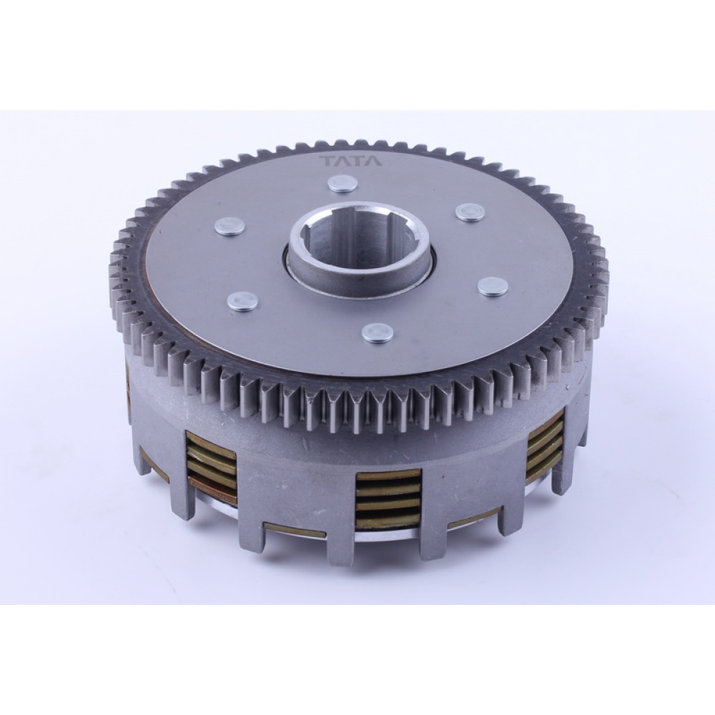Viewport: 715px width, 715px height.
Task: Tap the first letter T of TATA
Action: click(328, 162)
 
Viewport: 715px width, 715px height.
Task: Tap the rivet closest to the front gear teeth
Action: click(378, 332)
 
